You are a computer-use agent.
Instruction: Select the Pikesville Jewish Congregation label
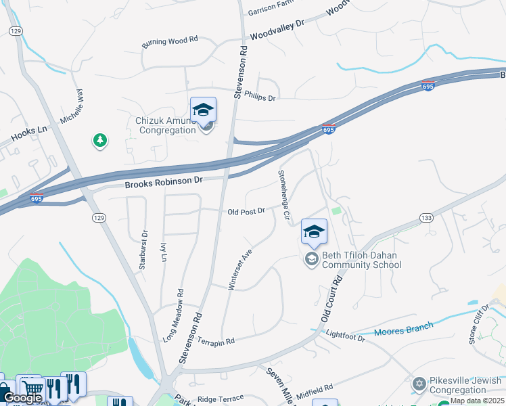click(466, 385)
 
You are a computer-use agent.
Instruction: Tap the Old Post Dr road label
click(246, 212)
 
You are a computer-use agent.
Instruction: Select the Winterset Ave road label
click(239, 269)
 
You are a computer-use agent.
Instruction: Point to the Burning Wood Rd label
click(170, 41)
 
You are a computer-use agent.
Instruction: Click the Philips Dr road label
click(260, 97)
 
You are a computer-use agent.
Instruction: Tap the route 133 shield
click(426, 217)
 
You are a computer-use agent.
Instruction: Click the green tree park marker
click(100, 140)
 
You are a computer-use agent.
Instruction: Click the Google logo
click(22, 398)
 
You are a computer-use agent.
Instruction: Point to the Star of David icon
click(419, 384)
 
